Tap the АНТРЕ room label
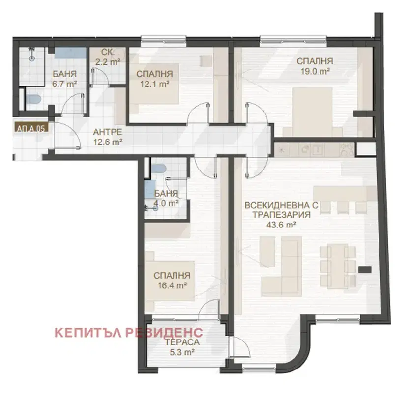click(108, 132)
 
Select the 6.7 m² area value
click(65, 84)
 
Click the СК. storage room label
click(108, 52)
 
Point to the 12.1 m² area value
click(155, 84)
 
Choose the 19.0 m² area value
click(315, 71)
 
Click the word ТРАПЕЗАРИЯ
click(282, 215)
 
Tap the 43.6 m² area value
click(282, 225)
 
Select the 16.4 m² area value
click(172, 285)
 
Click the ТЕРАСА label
click(182, 342)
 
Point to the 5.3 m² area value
click(182, 352)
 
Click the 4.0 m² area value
click(166, 203)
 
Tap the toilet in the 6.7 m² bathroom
click(33, 99)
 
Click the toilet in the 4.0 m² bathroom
click(158, 169)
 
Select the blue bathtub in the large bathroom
click(70, 54)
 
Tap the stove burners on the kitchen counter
click(348, 150)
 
